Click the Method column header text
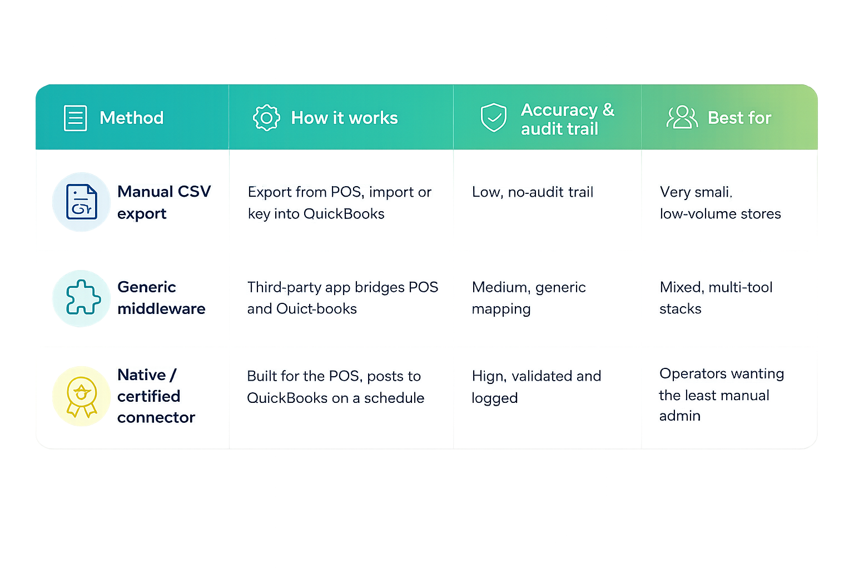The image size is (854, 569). pos(132,118)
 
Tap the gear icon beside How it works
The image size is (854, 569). pos(266,118)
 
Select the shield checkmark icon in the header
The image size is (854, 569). pos(494,117)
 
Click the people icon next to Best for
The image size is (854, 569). pos(682,117)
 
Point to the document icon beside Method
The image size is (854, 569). pos(75,118)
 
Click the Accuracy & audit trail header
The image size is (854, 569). pos(568,119)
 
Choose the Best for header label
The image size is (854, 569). pos(739,118)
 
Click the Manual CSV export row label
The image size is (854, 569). pos(164,202)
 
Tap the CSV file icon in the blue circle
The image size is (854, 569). pos(81,202)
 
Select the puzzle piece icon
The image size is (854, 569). pos(83,297)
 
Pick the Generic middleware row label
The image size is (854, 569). pos(161,298)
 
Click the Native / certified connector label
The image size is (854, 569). pos(156,396)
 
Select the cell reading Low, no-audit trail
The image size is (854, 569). pos(533,192)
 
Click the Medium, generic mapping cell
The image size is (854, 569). pos(528,298)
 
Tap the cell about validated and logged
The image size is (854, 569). pos(537,387)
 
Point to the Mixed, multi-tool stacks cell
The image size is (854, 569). pos(716,298)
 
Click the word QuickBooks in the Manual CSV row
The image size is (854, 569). pos(344,214)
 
